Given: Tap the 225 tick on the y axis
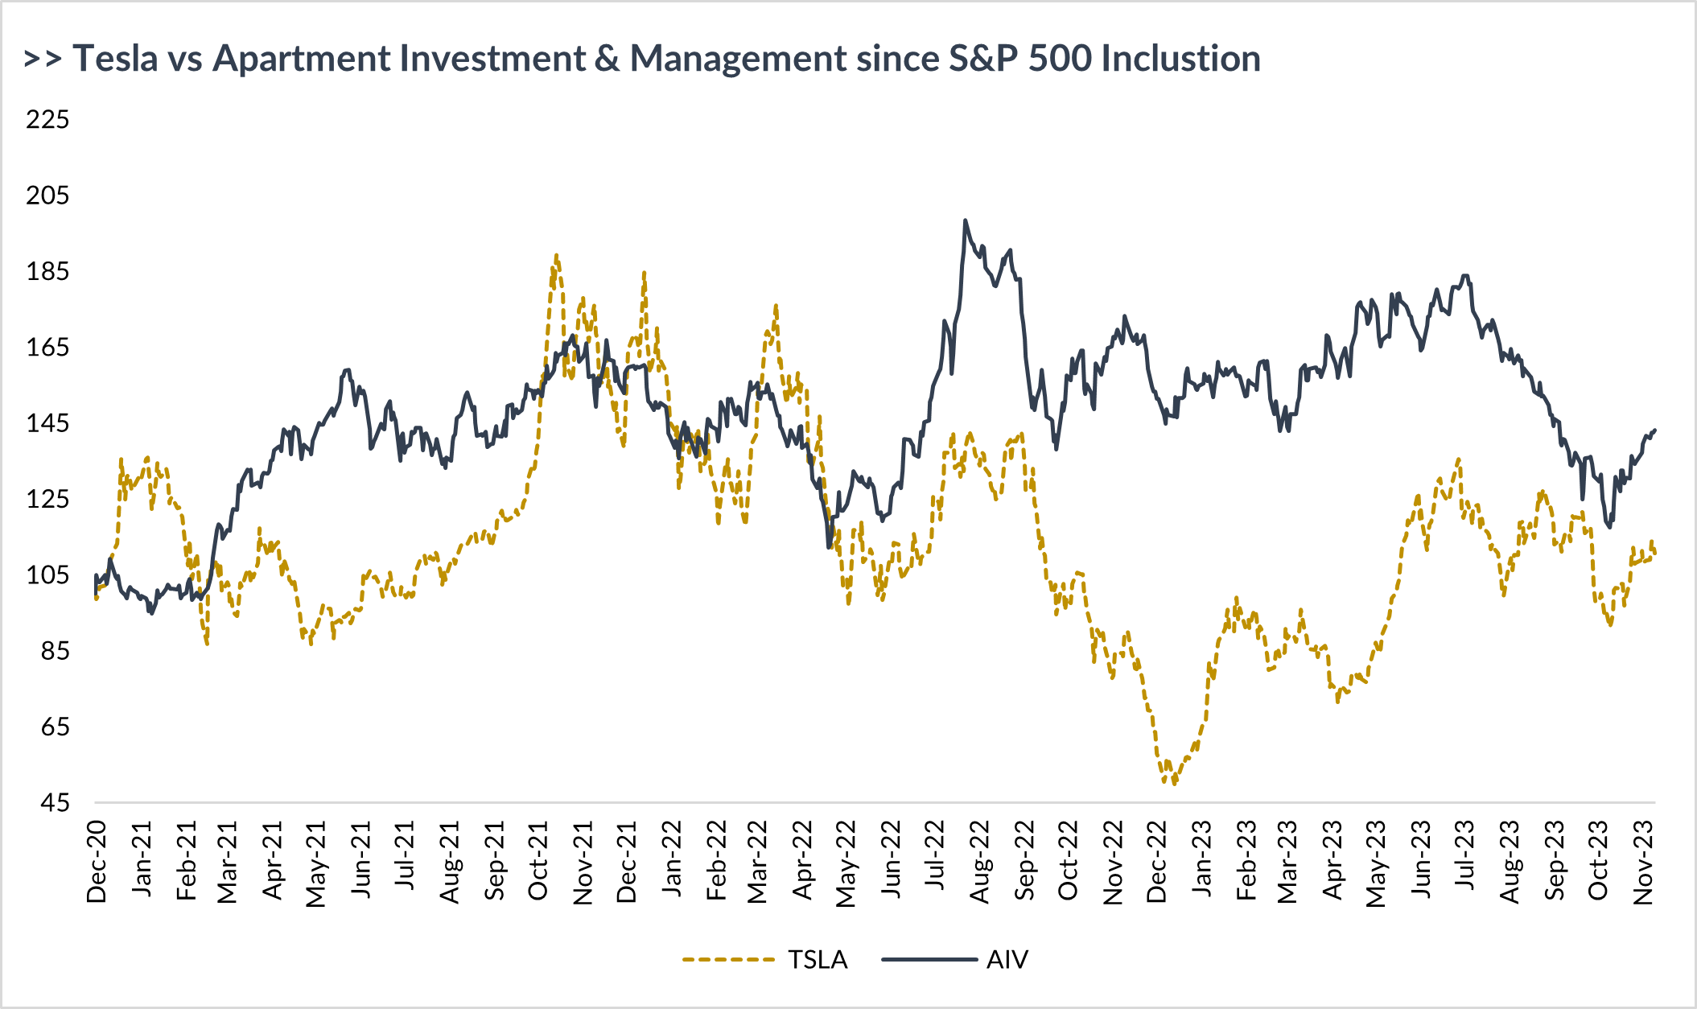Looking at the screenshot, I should [47, 120].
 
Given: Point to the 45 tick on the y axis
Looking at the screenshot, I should [55, 803].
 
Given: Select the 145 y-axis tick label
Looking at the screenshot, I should [47, 423].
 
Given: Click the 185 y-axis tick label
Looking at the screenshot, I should [47, 271].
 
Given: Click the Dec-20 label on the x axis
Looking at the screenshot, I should [97, 862].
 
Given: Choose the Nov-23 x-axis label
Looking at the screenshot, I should [1643, 862].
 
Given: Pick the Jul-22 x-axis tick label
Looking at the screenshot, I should [936, 855].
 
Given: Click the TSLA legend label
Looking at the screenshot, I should [818, 960].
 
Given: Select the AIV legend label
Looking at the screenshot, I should [1007, 960].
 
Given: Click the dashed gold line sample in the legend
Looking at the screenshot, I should [727, 960].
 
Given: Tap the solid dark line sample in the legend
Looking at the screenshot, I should [929, 960].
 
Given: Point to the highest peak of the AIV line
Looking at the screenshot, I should [965, 220].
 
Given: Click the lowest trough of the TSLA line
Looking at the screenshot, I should [1174, 784].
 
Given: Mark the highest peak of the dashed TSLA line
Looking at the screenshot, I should [556, 255].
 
